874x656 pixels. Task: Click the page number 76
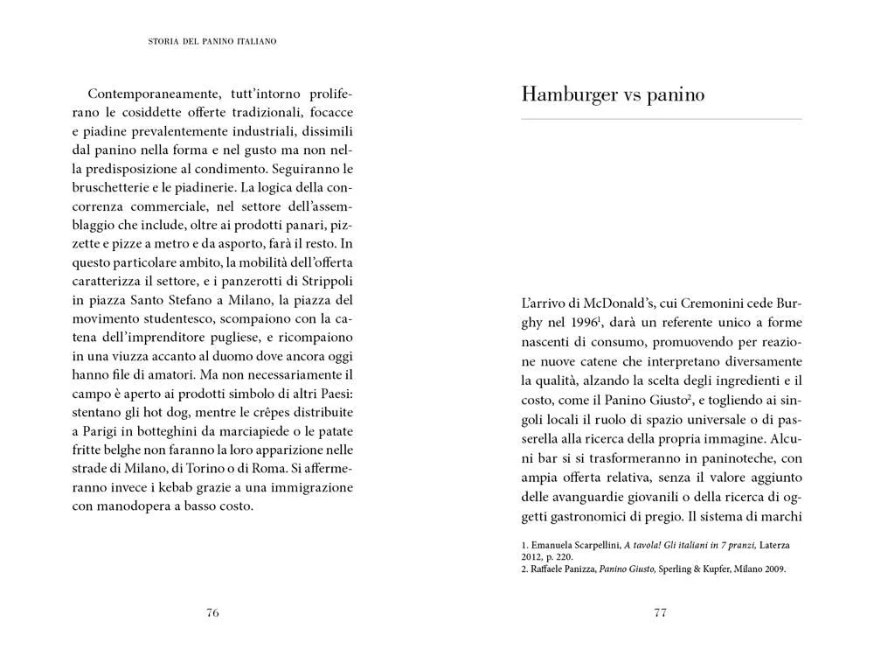(x=212, y=612)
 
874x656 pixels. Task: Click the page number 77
(x=661, y=612)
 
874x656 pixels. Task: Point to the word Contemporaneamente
(x=148, y=92)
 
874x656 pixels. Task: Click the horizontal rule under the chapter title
(x=661, y=118)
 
